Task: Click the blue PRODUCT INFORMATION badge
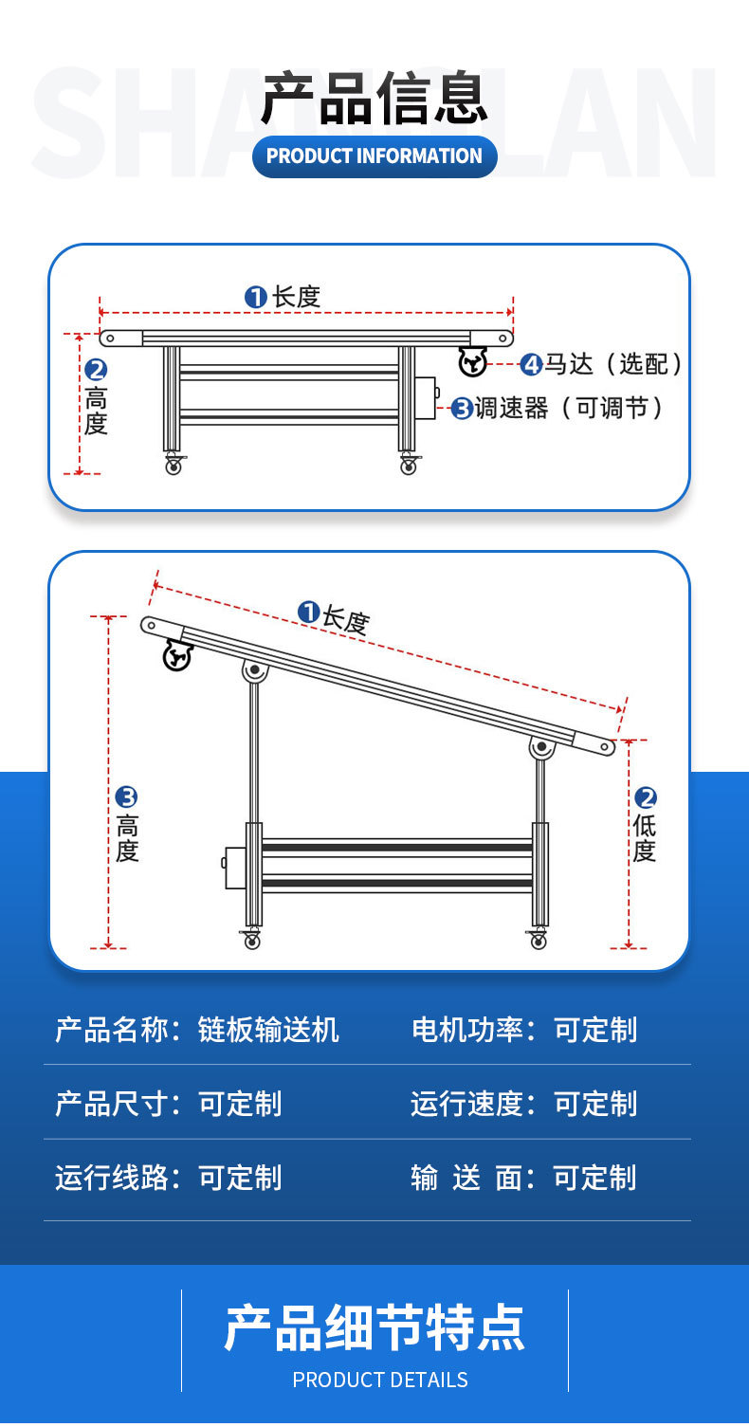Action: [x=374, y=156]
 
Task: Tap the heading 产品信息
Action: [x=374, y=99]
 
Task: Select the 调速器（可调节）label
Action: [x=569, y=409]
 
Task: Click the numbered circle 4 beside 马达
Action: [x=531, y=364]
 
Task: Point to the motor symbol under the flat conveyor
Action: [x=472, y=361]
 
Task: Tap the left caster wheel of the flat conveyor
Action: [x=174, y=466]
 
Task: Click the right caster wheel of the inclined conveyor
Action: [x=538, y=940]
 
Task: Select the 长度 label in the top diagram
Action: [x=296, y=297]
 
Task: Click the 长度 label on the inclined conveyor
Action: [x=344, y=620]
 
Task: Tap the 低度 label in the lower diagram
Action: [x=645, y=837]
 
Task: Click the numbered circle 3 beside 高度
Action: [x=126, y=797]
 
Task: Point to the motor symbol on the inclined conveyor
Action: [x=177, y=655]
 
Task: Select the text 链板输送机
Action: [x=268, y=1030]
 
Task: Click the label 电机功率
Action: [x=466, y=1030]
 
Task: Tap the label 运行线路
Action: [x=111, y=1178]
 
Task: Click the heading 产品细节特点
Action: [x=374, y=1327]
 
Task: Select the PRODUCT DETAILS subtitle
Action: [x=379, y=1380]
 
